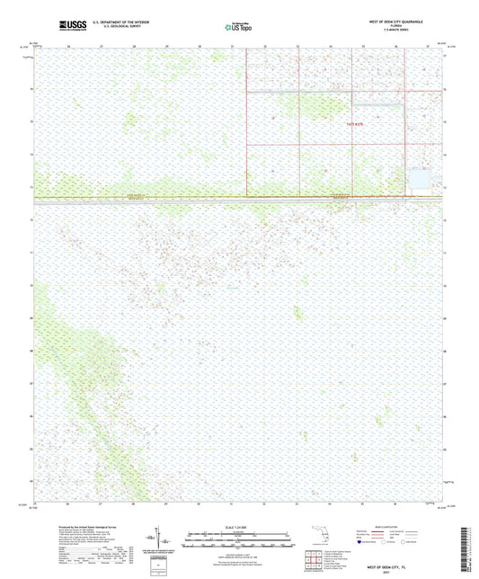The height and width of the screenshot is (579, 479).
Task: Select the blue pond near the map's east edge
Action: [x=420, y=180]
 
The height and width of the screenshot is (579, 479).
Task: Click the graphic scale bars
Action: [x=238, y=541]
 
